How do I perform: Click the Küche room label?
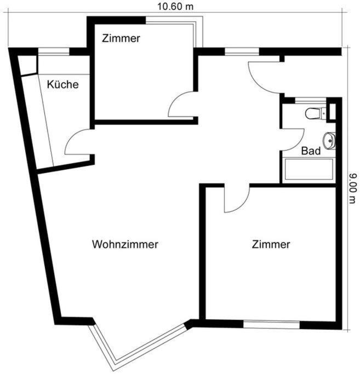pyautogui.click(x=62, y=85)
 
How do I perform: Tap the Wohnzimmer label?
pyautogui.click(x=125, y=244)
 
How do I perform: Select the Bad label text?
pyautogui.click(x=311, y=152)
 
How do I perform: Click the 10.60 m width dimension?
pyautogui.click(x=175, y=7)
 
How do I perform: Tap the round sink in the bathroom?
pyautogui.click(x=329, y=141)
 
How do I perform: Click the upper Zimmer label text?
pyautogui.click(x=121, y=38)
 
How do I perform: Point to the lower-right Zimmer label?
pyautogui.click(x=271, y=244)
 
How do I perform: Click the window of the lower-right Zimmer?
pyautogui.click(x=271, y=324)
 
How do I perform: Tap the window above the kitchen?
pyautogui.click(x=53, y=52)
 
